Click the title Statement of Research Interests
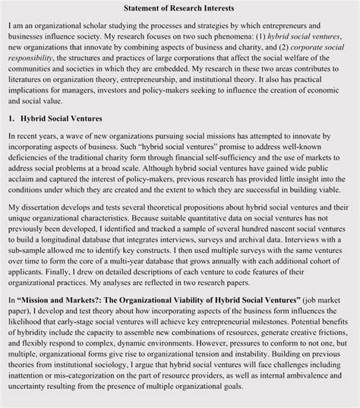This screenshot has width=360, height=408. click(x=179, y=8)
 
